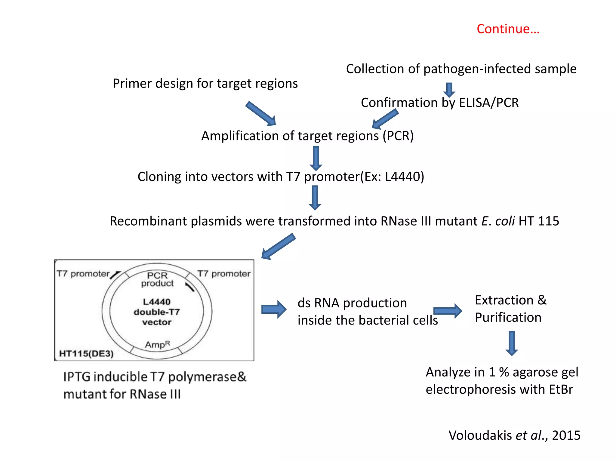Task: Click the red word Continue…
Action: [508, 29]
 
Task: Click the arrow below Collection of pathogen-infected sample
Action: [449, 90]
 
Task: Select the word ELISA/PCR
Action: [489, 103]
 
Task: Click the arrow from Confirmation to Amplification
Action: [385, 119]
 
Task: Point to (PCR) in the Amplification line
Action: [398, 136]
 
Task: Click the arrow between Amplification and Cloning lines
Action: [316, 158]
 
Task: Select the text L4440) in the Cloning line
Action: [404, 177]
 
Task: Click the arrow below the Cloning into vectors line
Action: [315, 198]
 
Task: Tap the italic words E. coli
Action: [498, 221]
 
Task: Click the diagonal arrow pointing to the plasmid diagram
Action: [279, 246]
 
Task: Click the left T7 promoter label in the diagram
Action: [83, 274]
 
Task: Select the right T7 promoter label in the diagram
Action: [224, 274]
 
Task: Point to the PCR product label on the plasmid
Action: [157, 279]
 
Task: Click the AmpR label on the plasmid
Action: [157, 344]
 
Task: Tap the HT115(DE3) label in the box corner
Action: [86, 353]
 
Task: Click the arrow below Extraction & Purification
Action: [512, 343]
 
